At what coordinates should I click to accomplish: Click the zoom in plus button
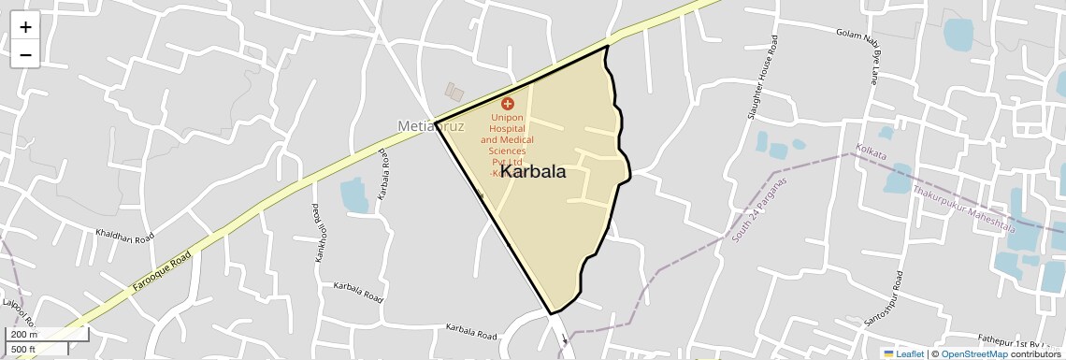[x=25, y=27]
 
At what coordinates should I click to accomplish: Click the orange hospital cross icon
[x=508, y=104]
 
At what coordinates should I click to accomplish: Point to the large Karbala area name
[x=533, y=171]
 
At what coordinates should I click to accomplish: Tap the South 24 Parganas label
[x=759, y=209]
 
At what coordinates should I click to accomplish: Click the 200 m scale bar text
[x=24, y=335]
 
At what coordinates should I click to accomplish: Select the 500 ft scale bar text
[x=24, y=350]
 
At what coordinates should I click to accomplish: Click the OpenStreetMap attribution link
[x=973, y=354]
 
